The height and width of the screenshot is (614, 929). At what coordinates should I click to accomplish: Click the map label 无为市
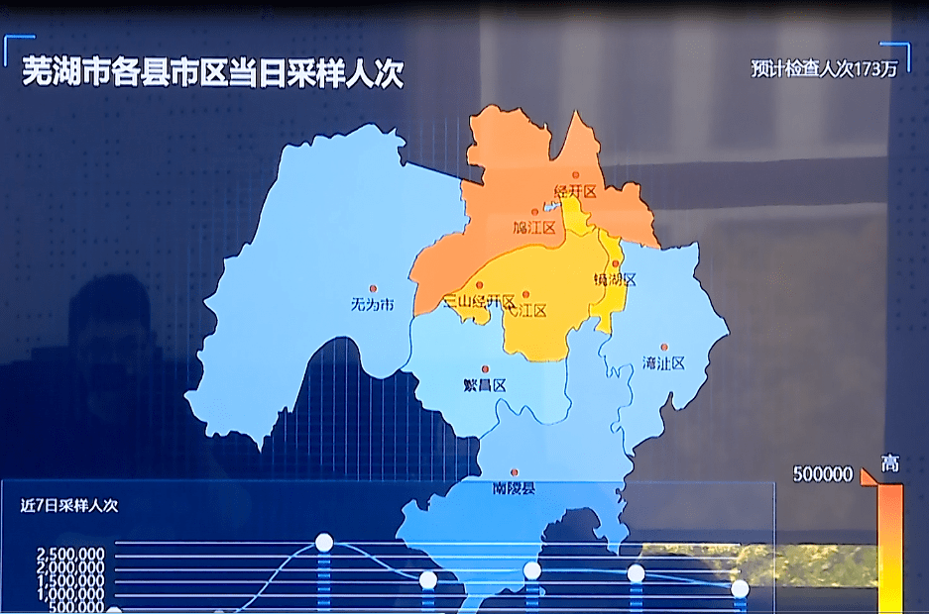[372, 305]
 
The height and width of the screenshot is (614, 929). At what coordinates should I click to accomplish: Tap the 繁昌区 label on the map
[485, 385]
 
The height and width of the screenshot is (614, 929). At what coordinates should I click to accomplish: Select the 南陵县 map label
[514, 488]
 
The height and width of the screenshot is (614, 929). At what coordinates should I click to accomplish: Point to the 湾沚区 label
[663, 362]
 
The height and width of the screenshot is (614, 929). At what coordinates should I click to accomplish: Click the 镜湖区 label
[615, 279]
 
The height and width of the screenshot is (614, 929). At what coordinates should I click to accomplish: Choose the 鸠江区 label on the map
[534, 228]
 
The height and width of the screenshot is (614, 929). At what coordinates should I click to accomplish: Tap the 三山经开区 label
[479, 301]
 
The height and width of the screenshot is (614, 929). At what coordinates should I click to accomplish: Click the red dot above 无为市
[374, 288]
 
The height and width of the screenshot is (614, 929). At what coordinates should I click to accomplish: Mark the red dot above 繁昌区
[485, 369]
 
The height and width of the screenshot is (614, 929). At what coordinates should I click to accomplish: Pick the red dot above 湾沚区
[663, 347]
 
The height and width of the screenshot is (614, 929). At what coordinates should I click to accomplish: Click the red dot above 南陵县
[514, 472]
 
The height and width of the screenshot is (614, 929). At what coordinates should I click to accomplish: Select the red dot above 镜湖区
[616, 263]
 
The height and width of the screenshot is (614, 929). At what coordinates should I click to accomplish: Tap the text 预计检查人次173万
[824, 69]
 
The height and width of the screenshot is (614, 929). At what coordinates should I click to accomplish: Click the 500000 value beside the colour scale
[822, 474]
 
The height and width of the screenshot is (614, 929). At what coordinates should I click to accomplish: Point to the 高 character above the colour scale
[890, 463]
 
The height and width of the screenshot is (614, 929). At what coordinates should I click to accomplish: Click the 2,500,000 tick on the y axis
[69, 554]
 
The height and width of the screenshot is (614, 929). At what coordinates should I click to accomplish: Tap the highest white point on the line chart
[324, 542]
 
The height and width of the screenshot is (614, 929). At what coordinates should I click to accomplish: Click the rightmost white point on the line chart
[740, 588]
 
